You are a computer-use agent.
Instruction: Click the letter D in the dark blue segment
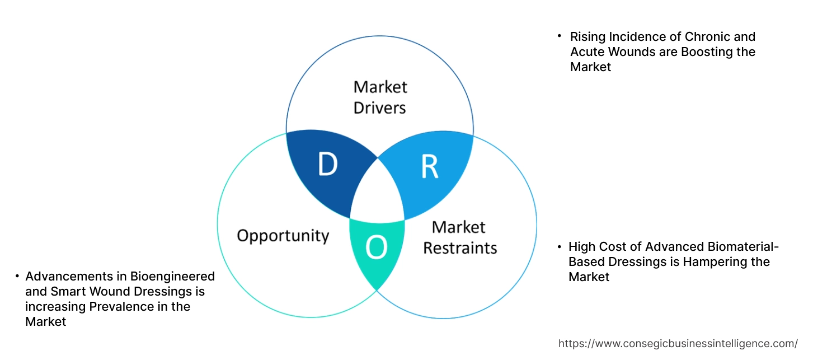pos(328,165)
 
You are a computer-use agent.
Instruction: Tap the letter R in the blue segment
pos(429,167)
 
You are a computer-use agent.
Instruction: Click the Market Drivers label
pos(380,97)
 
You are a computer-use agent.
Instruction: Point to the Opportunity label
pos(283,235)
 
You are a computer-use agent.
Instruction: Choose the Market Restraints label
pos(459,237)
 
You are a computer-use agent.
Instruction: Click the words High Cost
pos(594,247)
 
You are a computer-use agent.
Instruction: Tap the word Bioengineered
pos(173,277)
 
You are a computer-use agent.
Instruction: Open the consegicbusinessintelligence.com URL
pos(678,343)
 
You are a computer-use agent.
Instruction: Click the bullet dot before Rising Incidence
pos(559,36)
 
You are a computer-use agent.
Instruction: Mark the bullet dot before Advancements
pos(17,276)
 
